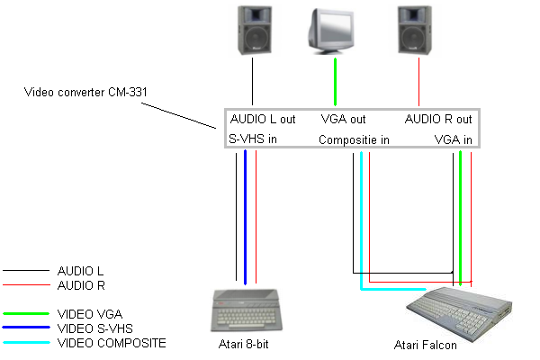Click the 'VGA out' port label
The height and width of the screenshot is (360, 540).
[343, 119]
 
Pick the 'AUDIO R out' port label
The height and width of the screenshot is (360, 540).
[438, 119]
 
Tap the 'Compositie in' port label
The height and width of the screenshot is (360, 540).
[354, 139]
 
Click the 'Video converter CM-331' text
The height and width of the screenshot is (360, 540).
[80, 91]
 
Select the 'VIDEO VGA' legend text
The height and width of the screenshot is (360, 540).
[87, 314]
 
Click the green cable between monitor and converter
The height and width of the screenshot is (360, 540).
[336, 84]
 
